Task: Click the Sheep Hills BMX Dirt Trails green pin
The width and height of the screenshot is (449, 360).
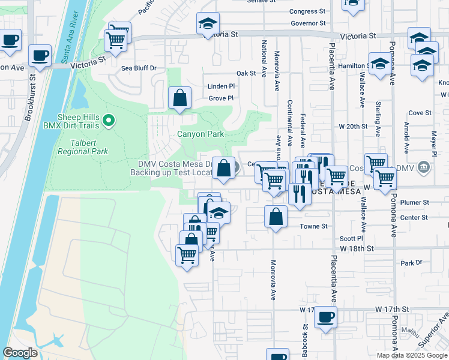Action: click(109, 121)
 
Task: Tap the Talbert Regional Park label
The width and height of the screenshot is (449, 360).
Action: click(82, 147)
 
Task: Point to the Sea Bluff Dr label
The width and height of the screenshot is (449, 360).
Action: click(139, 68)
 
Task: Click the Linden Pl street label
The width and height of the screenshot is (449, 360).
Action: click(221, 86)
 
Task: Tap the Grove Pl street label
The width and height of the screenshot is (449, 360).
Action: click(221, 98)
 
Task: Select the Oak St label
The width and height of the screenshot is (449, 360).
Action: click(246, 73)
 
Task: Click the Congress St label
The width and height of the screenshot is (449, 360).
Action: click(307, 11)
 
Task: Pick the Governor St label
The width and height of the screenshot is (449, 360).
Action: click(307, 23)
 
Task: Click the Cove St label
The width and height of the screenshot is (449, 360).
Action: click(420, 112)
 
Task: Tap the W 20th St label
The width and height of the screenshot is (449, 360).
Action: click(352, 127)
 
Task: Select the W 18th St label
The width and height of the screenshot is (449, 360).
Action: click(357, 248)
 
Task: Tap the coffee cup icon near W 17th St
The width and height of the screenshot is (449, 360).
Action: click(325, 317)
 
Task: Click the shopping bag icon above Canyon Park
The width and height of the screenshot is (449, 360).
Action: click(179, 98)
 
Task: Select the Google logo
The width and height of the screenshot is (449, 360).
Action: click(20, 353)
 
